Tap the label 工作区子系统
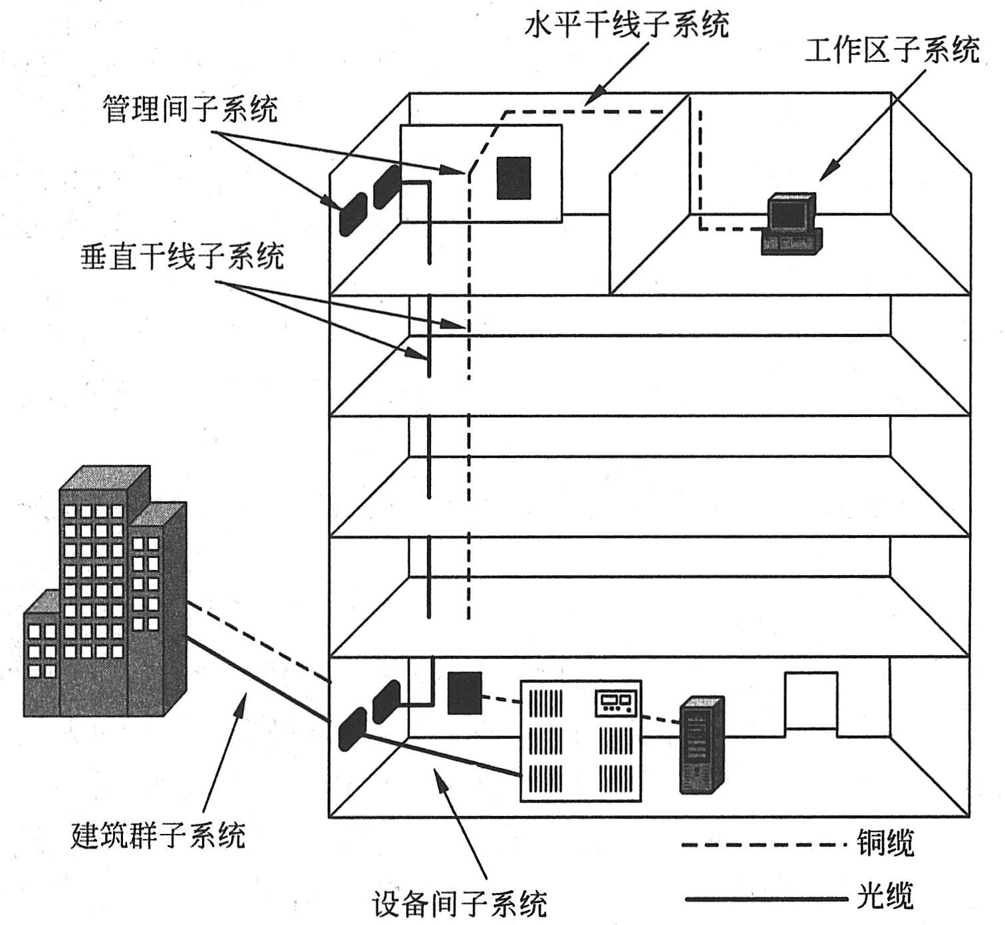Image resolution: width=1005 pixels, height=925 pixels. click(892, 50)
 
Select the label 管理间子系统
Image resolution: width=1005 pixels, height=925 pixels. click(190, 108)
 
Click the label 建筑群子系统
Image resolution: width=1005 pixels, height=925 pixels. click(158, 835)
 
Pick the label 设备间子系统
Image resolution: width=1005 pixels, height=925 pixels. click(460, 903)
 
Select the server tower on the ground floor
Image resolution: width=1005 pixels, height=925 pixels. click(701, 744)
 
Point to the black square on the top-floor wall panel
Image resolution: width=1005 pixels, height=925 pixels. click(514, 178)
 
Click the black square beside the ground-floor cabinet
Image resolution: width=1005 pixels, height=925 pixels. click(464, 693)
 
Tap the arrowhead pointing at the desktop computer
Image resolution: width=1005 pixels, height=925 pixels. click(825, 174)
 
